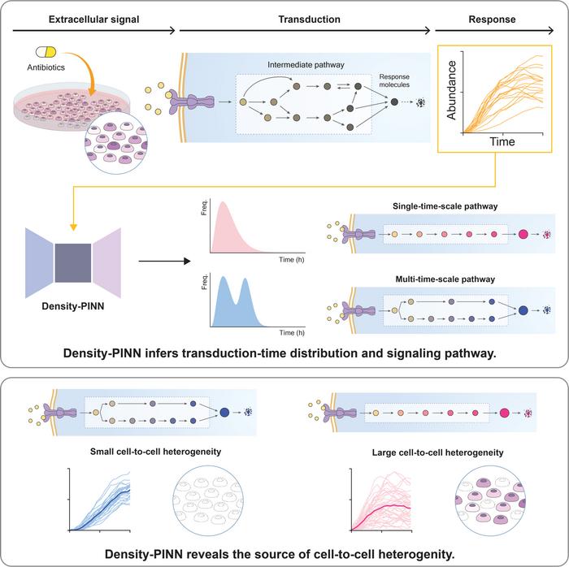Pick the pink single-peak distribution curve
point(232,236)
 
